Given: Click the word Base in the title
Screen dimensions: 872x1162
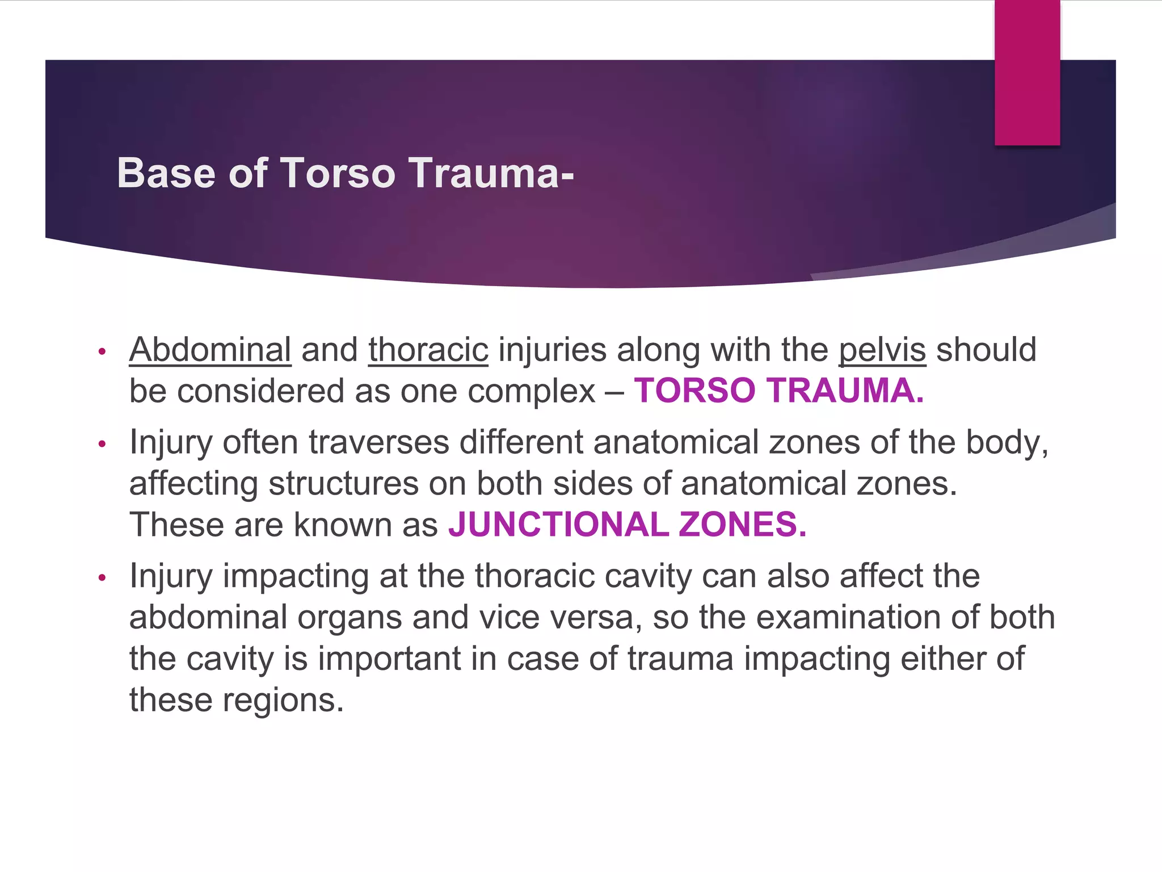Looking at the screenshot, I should point(166,173).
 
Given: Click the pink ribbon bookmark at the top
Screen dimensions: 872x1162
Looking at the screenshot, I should point(1027,73).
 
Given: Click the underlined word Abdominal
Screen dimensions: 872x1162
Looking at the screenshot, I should point(210,350).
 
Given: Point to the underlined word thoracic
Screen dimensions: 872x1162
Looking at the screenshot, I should point(428,350).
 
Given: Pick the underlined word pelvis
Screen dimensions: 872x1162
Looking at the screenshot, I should point(882,350).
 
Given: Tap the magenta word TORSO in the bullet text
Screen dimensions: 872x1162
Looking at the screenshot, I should point(694,391).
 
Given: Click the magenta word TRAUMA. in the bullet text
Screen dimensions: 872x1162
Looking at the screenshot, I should point(845,391).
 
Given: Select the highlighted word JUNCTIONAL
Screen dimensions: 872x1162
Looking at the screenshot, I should point(558,525).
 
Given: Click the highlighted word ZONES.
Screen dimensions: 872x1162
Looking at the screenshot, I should point(742,525).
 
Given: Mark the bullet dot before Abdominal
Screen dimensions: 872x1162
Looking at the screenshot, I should point(102,351).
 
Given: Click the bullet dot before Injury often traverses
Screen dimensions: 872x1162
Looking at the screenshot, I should point(102,444).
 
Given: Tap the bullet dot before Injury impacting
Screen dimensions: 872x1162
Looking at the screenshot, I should point(102,578).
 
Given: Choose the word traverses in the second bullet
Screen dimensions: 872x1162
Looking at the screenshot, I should point(379,442).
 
